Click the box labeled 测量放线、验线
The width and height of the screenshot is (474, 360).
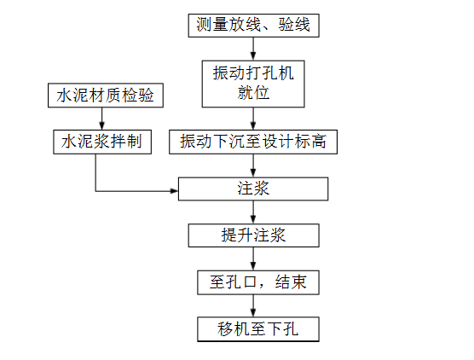[x=253, y=26]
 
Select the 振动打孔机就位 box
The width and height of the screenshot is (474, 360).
[x=253, y=83]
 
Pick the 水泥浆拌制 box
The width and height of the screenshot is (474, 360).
[x=101, y=141]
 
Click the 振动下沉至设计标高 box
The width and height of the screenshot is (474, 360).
[x=253, y=142]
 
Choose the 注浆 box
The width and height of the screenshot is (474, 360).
[x=253, y=189]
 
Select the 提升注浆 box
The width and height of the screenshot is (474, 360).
[x=253, y=235]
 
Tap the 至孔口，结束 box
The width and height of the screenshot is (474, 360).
[x=253, y=282]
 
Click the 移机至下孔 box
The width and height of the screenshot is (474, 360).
[x=253, y=328]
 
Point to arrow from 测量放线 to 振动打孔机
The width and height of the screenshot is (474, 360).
[x=253, y=49]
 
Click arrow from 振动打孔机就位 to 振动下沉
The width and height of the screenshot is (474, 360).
[x=253, y=119]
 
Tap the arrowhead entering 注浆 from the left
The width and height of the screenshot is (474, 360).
[x=173, y=189]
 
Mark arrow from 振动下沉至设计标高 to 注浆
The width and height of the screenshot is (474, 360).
[x=253, y=165]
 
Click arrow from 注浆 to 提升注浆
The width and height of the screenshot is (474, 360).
[x=253, y=212]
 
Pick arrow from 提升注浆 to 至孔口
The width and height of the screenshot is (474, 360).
[x=253, y=258]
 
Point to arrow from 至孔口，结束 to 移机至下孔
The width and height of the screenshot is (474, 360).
[x=253, y=305]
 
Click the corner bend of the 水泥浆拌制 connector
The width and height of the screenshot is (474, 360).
[x=95, y=189]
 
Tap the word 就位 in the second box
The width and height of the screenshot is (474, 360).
[x=253, y=93]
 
